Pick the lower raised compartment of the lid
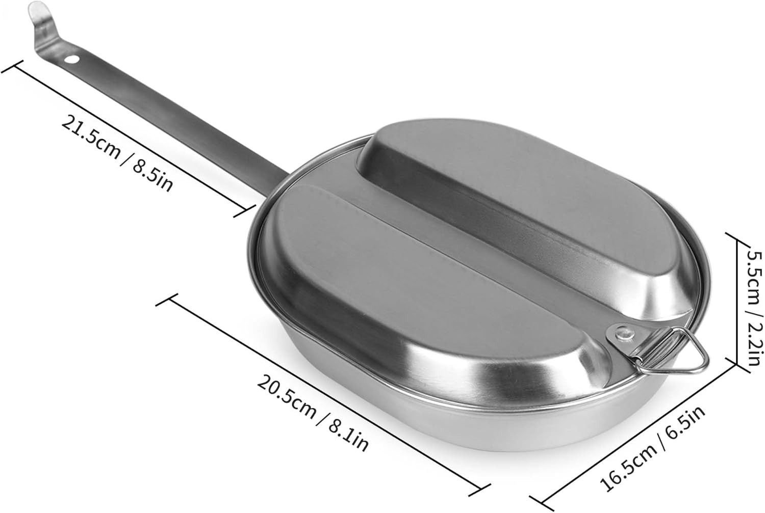tap(388, 285)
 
